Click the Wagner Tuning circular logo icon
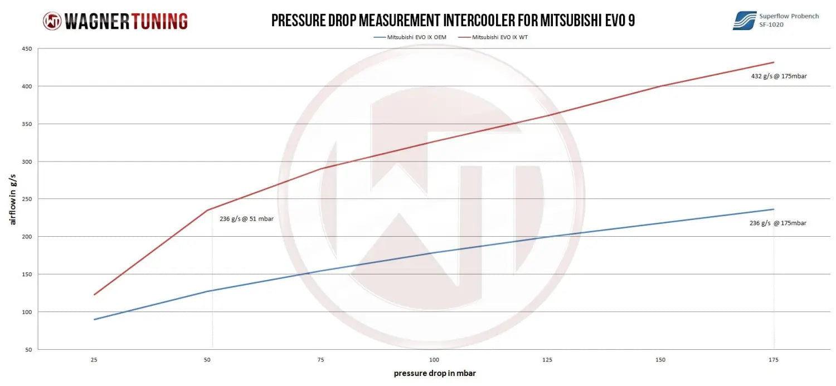pos(52,21)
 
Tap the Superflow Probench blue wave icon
pos(744,21)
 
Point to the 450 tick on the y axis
pos(27,48)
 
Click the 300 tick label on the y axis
pos(27,162)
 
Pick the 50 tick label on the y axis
pos(28,350)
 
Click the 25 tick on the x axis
pos(94,360)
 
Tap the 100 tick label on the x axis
pos(434,360)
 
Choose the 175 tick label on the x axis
pos(774,360)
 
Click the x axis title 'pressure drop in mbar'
pos(435,373)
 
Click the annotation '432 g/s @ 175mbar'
pos(779,76)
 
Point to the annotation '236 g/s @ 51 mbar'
pos(246,219)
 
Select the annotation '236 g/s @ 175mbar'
pos(777,223)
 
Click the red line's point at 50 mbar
pos(207,210)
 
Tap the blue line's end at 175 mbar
pos(774,209)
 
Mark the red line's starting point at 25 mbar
pos(94,295)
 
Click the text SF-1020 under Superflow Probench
pos(772,25)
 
